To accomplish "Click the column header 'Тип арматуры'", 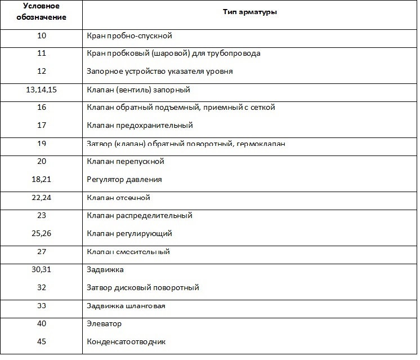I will click(249, 12).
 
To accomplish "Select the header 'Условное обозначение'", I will click(41, 12).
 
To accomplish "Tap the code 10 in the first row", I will click(41, 35).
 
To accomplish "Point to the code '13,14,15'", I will click(41, 90).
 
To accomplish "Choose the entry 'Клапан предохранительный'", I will click(140, 125).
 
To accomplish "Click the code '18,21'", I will click(41, 179).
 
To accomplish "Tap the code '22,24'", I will click(41, 198).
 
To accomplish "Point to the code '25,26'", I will click(41, 233).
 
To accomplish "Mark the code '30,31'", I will click(41, 269).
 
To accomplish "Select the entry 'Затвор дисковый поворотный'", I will click(143, 287).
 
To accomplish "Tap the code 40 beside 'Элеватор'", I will click(41, 323).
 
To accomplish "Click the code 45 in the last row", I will click(41, 341).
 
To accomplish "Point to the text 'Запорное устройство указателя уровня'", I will click(160, 71).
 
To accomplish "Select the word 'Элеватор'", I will click(104, 323).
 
